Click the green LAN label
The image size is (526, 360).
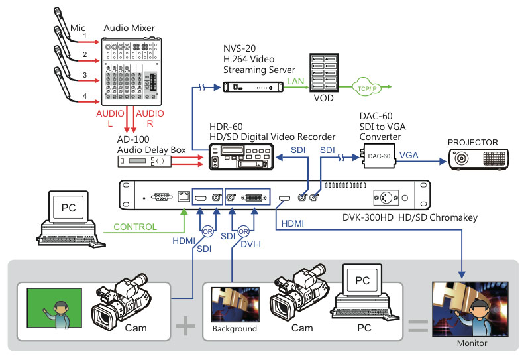pos(295,81)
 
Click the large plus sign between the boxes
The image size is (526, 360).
pos(185,326)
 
